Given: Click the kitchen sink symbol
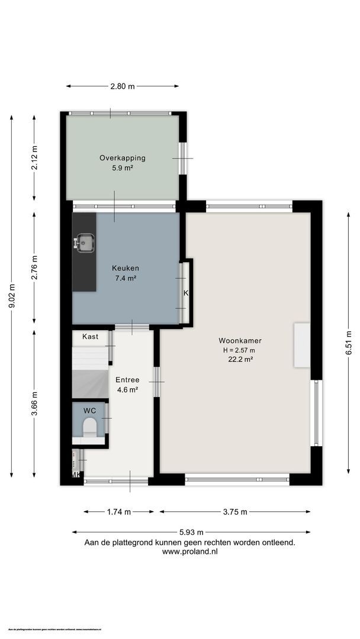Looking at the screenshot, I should point(84,241).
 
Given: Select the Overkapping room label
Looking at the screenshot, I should point(123,158).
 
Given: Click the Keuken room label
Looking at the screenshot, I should point(125,268).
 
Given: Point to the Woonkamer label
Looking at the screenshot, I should point(240,341).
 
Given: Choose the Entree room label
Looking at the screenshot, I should point(127,380).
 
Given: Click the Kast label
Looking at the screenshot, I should point(90,336).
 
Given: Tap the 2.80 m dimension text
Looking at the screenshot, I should point(123,86).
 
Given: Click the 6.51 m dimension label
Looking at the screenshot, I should point(349,342).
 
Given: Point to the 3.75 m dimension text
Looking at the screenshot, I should point(235,512).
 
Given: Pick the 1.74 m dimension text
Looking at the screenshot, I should point(119,512).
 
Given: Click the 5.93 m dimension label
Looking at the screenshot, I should point(191,532).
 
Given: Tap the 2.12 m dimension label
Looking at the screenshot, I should point(34,158).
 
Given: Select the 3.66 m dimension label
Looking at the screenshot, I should point(34,404).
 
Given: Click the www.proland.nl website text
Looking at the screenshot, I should point(190,551).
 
